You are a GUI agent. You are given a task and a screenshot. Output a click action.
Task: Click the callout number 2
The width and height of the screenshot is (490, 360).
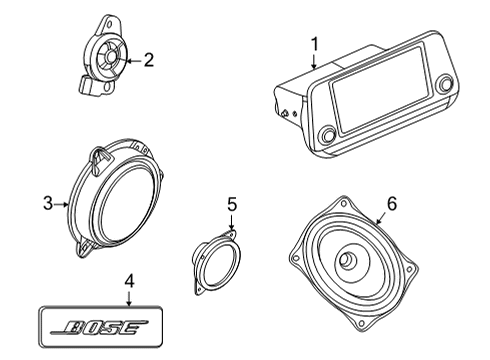[148, 61]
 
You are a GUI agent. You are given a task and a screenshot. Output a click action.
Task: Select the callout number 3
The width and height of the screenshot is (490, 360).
[47, 204]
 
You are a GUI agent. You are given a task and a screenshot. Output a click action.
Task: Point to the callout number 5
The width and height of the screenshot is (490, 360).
[231, 205]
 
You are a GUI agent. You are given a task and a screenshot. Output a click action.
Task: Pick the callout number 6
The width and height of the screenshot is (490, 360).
[392, 203]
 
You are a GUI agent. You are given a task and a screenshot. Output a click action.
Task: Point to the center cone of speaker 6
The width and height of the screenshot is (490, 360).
[349, 261]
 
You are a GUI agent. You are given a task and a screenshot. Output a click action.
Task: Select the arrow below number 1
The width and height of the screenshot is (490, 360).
[313, 62]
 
